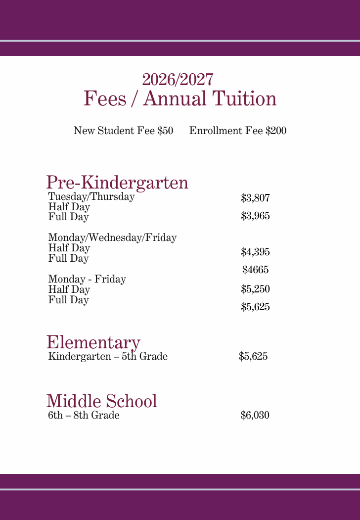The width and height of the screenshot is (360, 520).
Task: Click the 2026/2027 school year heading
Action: (178, 79)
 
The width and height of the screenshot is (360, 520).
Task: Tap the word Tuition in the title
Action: (244, 98)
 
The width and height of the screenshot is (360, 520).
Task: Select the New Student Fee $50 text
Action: (123, 131)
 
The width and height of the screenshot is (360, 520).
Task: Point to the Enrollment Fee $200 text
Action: (238, 131)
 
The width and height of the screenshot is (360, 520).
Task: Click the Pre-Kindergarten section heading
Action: (117, 183)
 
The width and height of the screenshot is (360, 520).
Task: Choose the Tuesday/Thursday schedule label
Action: (91, 196)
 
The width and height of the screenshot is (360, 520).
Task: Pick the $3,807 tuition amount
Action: (255, 198)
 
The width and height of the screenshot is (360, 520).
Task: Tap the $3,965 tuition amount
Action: (255, 216)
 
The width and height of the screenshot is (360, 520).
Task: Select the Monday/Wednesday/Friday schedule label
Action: (112, 237)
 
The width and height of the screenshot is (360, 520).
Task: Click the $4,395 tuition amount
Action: (255, 252)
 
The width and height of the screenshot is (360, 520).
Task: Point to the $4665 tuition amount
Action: (255, 270)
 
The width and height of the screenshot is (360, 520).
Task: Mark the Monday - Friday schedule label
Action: (87, 279)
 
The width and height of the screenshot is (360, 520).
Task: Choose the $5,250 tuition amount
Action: (255, 288)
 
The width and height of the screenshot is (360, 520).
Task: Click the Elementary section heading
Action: (93, 342)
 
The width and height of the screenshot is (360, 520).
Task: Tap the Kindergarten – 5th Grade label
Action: (108, 356)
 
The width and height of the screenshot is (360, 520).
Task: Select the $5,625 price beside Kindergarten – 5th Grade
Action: (253, 356)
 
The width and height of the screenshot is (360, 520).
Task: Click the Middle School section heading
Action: (102, 401)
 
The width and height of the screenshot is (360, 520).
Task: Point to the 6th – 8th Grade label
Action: (84, 415)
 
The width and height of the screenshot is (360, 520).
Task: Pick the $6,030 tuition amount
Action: (255, 415)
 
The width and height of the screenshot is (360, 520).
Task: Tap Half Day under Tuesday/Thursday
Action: (69, 207)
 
